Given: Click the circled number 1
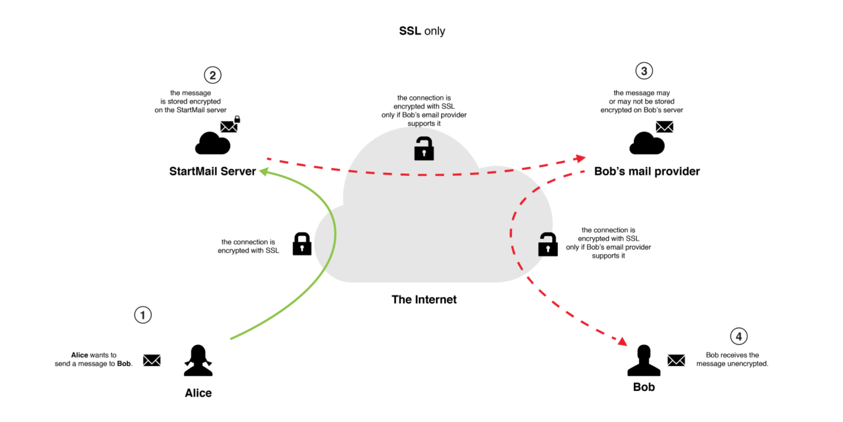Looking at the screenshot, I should tap(143, 315).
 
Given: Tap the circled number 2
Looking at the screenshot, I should tap(212, 75).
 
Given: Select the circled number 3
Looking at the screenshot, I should tap(644, 71).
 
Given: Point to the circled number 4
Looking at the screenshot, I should tap(738, 336).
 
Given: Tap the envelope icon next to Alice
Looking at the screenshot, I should tap(152, 360).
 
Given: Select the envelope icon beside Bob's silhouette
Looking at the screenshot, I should tap(676, 360).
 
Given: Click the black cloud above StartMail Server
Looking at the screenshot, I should tap(212, 143).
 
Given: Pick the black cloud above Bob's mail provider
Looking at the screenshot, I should tap(647, 143).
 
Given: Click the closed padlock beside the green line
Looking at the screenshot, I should tap(302, 244).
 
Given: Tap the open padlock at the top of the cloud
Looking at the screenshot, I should tap(424, 149).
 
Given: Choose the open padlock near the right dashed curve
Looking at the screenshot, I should tap(548, 245).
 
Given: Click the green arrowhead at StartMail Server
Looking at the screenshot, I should tap(264, 171).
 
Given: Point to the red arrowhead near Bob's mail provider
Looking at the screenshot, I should tap(581, 158).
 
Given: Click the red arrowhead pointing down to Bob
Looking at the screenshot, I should tap(622, 341).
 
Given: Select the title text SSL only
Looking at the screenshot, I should tap(422, 31).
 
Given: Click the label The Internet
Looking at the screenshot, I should tap(424, 299).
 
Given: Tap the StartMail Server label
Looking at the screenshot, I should tap(212, 171).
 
